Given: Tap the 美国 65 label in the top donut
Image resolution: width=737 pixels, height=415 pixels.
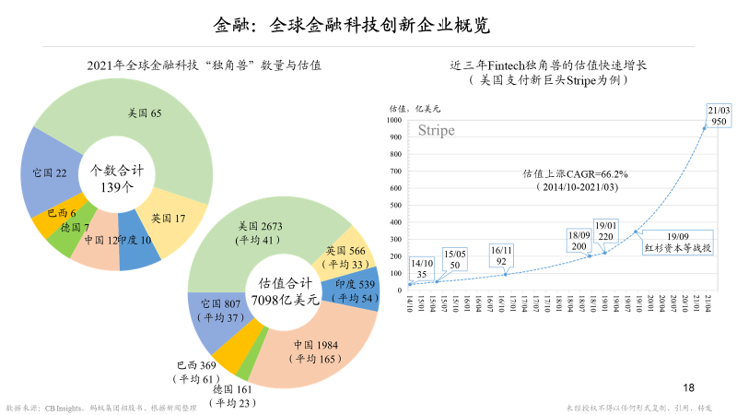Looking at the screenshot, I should coord(144,113).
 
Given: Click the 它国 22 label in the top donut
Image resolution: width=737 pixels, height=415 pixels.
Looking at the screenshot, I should coord(49,172).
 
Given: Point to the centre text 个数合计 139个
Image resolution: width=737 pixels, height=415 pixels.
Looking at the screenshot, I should coord(117,177).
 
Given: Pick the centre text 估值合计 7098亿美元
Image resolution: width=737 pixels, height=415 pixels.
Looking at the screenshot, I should coord(287,292).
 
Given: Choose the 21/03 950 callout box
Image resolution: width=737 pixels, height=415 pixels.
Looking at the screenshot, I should coord(719,114).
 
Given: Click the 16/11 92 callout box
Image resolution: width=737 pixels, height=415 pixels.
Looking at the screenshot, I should coord(502,255).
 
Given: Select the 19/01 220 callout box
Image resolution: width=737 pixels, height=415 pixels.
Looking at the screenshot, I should coord(606,230).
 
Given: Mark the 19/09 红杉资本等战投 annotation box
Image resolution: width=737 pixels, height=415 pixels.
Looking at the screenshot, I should coord(677,242).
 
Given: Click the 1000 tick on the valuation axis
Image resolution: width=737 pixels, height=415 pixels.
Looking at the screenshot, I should coord(393,119).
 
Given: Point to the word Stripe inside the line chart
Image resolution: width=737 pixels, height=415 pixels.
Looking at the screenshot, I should coord(437,131).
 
